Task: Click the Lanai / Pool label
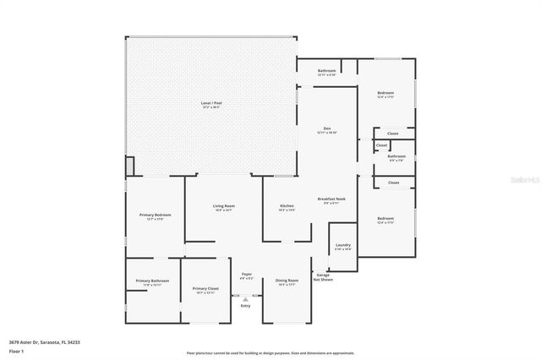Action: (211, 105)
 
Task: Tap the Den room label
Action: (326, 130)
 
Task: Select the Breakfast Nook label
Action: (331, 200)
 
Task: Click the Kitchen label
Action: (287, 207)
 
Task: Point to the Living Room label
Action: (223, 207)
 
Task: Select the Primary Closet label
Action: (206, 290)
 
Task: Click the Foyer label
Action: (247, 275)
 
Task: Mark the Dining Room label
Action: (287, 281)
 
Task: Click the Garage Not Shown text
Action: (323, 276)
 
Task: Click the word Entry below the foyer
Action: (246, 305)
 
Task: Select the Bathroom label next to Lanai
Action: (326, 72)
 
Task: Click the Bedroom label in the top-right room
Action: (385, 94)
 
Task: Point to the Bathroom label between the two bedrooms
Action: (396, 157)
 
